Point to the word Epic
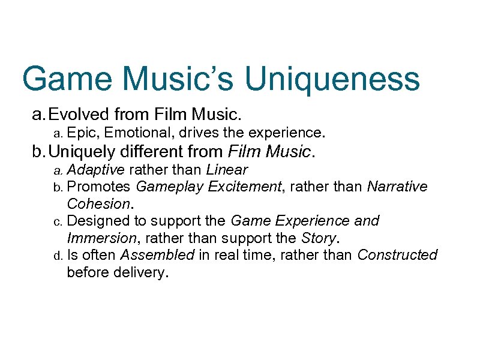(80, 131)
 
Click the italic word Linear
(227, 170)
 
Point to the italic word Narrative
(397, 187)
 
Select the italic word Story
(316, 238)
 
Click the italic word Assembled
(157, 255)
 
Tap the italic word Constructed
(397, 255)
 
